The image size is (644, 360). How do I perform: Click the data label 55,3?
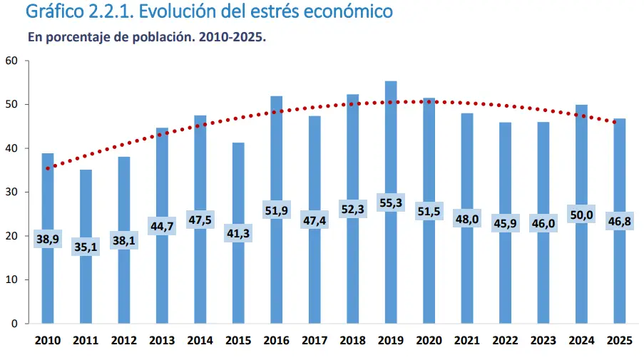pyautogui.click(x=391, y=203)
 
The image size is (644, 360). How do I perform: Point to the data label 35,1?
pyautogui.click(x=86, y=247)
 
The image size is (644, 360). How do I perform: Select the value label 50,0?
pyautogui.click(x=581, y=215)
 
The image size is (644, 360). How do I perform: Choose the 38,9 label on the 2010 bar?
pyautogui.click(x=47, y=240)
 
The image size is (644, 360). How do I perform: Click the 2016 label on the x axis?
pyautogui.click(x=276, y=341)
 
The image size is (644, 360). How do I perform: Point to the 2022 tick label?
pyautogui.click(x=505, y=341)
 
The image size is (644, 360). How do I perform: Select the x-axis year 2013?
pyautogui.click(x=162, y=341)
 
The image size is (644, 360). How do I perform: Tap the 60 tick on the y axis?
pyautogui.click(x=11, y=61)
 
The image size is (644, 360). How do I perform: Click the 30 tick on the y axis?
pyautogui.click(x=11, y=192)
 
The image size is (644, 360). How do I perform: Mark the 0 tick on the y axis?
pyautogui.click(x=14, y=324)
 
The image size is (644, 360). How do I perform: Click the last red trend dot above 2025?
pyautogui.click(x=615, y=122)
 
